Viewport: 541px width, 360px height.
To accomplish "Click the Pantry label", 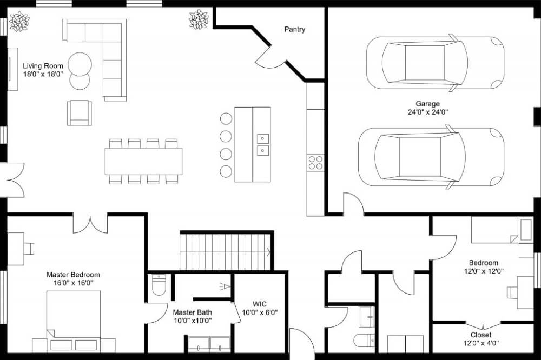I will pyautogui.click(x=295, y=29).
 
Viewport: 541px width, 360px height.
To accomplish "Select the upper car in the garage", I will pyautogui.click(x=435, y=63).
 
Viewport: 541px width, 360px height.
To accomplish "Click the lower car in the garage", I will pyautogui.click(x=431, y=157).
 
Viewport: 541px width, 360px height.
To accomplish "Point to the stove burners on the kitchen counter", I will pyautogui.click(x=315, y=163).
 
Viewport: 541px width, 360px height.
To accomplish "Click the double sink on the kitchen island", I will pyautogui.click(x=262, y=144).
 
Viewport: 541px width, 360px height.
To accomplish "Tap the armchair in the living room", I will pyautogui.click(x=80, y=113).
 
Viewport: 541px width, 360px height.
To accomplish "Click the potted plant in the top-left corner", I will pyautogui.click(x=19, y=22).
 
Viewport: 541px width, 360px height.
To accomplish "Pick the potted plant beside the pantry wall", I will pyautogui.click(x=199, y=19).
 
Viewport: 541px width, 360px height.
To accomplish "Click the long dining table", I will pyautogui.click(x=143, y=161).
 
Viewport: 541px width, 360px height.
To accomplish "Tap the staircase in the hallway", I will pyautogui.click(x=225, y=251).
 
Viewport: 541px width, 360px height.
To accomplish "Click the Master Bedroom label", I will pyautogui.click(x=73, y=275).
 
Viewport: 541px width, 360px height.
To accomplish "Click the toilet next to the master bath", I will pyautogui.click(x=159, y=285).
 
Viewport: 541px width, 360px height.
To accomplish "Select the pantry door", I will pyautogui.click(x=269, y=58).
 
